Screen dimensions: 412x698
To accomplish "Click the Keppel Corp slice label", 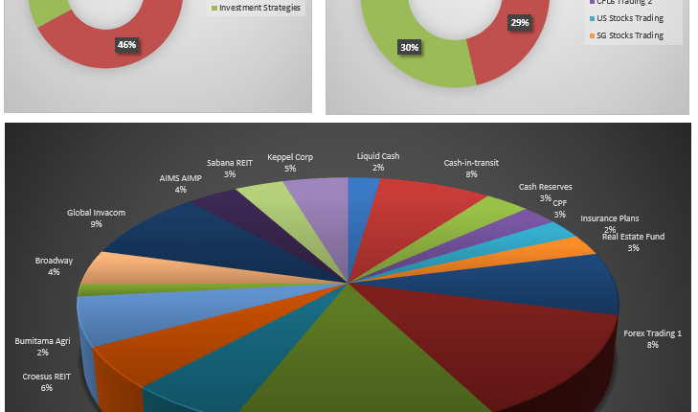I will (289, 157).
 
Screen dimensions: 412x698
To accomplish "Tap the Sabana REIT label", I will (230, 163).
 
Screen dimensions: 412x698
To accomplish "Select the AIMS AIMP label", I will (180, 178).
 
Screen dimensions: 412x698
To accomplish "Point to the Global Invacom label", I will (96, 213).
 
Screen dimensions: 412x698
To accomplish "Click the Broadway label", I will (54, 261).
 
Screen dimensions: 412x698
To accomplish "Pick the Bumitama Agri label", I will (43, 340).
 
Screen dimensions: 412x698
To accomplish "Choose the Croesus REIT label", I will (47, 377).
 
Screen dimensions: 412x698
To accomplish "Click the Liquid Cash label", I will (378, 156).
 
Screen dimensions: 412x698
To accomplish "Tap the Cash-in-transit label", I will (471, 163).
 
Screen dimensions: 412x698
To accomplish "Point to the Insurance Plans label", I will (610, 218).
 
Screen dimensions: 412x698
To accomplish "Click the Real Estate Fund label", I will (633, 237).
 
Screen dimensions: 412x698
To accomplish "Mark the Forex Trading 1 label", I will (652, 333).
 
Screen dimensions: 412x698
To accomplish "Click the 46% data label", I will (125, 44).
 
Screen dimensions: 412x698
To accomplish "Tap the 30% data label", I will (409, 47).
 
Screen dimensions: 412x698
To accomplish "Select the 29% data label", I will (519, 22).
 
